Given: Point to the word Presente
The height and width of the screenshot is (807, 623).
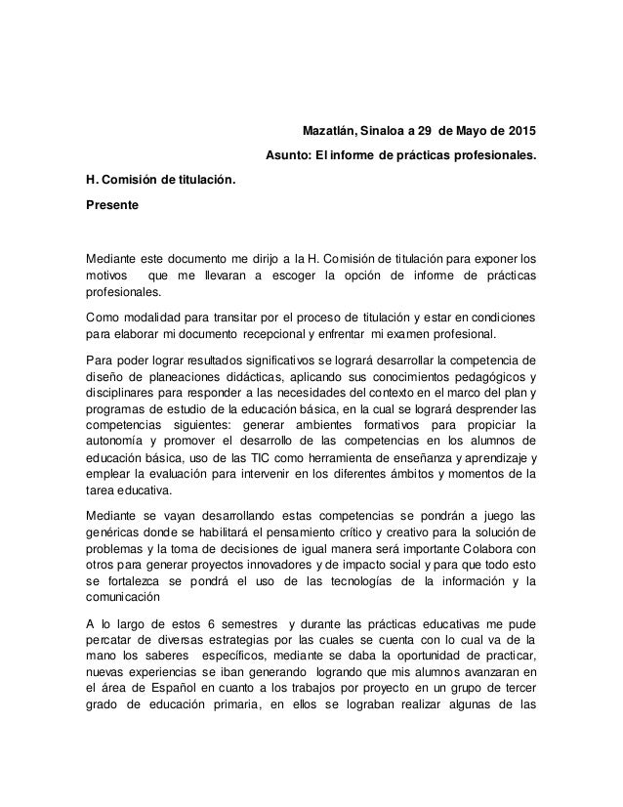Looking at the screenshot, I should point(112,205).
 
